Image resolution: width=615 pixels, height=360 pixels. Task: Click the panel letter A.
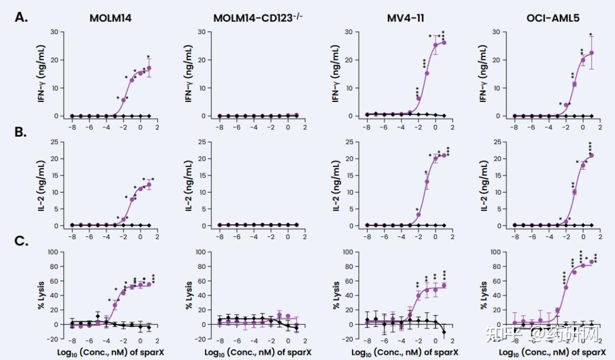click(x=21, y=17)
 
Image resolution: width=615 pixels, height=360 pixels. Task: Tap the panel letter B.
click(x=21, y=133)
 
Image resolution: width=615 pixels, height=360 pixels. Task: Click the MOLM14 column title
click(x=110, y=18)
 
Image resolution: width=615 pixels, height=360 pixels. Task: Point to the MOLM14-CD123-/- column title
click(x=258, y=18)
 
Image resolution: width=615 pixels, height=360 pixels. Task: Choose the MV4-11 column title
click(x=405, y=18)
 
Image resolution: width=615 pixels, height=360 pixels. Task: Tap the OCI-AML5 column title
click(x=553, y=18)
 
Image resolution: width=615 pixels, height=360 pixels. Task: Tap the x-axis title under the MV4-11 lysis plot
click(x=405, y=352)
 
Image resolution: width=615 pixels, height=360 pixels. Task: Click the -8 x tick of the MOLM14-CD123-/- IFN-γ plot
click(x=219, y=126)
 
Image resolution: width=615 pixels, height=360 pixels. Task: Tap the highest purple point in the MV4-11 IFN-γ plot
click(x=444, y=42)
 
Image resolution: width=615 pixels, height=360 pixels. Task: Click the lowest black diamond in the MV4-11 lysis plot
click(x=444, y=332)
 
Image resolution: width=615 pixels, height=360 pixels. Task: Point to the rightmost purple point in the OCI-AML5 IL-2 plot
click(x=591, y=155)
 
